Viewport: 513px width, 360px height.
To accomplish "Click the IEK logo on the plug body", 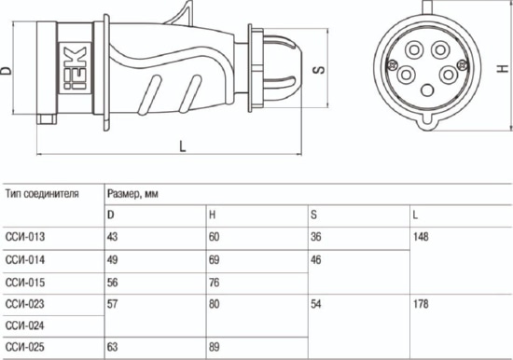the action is pyautogui.click(x=76, y=68).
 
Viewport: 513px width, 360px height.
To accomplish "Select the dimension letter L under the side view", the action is pyautogui.click(x=183, y=146).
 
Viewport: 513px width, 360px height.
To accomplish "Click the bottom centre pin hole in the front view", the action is pyautogui.click(x=427, y=90).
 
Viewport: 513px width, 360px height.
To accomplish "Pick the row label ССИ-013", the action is pyautogui.click(x=25, y=237).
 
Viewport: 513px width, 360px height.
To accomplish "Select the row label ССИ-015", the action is pyautogui.click(x=25, y=283).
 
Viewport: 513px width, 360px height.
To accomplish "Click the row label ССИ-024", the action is pyautogui.click(x=25, y=325).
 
